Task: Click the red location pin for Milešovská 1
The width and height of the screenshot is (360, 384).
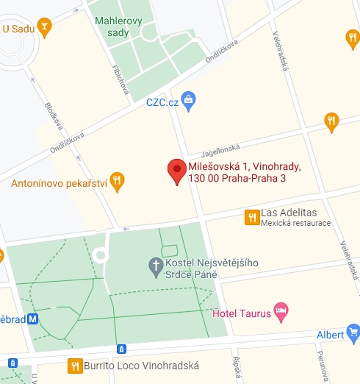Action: click(176, 170)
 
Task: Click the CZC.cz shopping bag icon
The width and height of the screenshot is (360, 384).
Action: click(189, 100)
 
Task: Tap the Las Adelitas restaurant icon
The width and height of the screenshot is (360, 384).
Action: click(251, 216)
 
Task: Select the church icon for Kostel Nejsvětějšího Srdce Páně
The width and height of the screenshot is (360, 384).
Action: click(155, 266)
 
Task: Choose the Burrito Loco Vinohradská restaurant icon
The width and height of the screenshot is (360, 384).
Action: click(74, 365)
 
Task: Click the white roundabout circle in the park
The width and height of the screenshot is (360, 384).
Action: click(101, 255)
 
